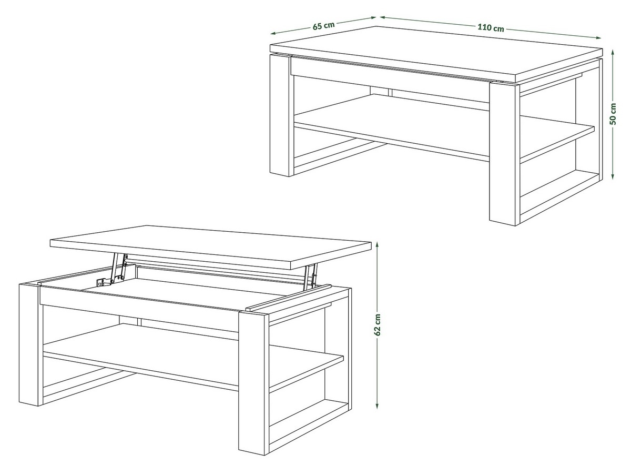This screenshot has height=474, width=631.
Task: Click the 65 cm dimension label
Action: pyautogui.click(x=324, y=26)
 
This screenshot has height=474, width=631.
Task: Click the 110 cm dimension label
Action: pyautogui.click(x=491, y=27)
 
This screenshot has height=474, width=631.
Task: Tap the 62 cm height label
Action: pyautogui.click(x=378, y=325)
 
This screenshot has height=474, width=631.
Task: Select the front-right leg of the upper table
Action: pyautogui.click(x=504, y=153)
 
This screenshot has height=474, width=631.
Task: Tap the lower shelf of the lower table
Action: pyautogui.click(x=193, y=357)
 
